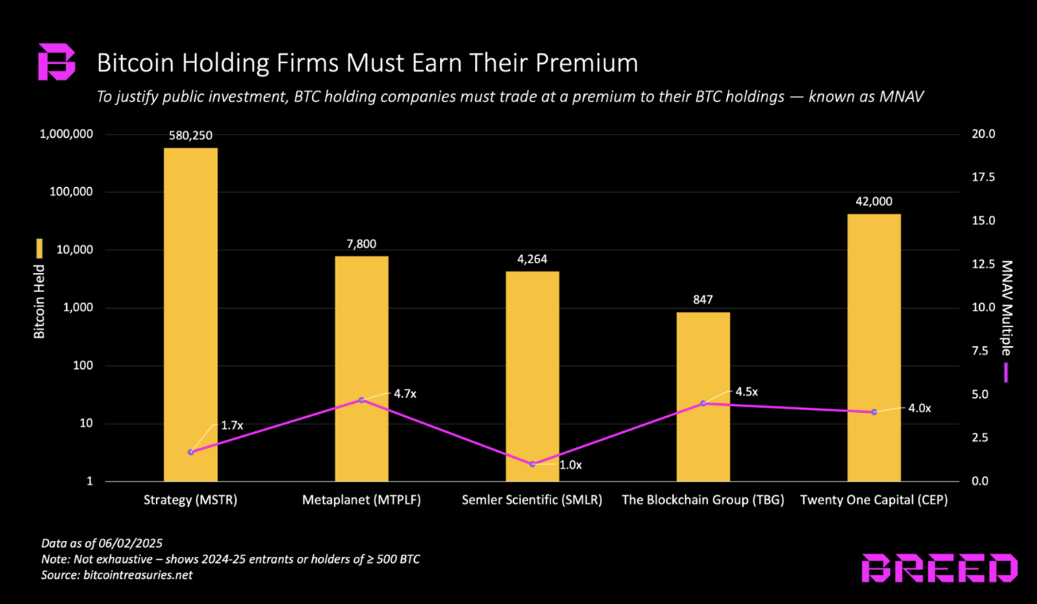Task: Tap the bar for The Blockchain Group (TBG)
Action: [703, 396]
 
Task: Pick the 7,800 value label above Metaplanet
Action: [361, 244]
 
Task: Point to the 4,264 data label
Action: [532, 259]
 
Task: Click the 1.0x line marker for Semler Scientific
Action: [532, 464]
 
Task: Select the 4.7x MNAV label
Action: [405, 394]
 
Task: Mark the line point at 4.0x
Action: [874, 412]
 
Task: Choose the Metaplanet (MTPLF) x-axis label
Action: [361, 501]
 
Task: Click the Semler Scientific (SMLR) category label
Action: [532, 501]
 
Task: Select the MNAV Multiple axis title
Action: [1007, 308]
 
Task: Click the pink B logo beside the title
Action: [57, 62]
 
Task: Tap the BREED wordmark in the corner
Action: [939, 568]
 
